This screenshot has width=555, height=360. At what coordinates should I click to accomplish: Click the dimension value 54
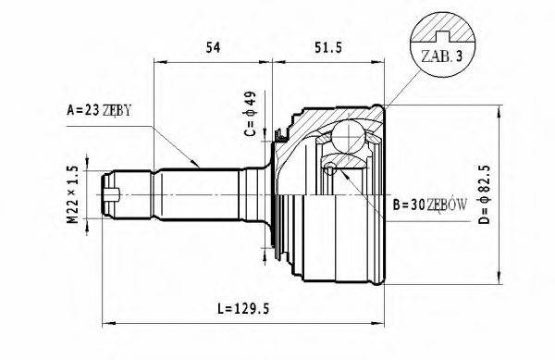(212, 48)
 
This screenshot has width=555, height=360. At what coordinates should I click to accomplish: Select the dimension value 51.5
(329, 48)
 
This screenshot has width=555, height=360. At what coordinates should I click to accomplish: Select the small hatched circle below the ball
(330, 168)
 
